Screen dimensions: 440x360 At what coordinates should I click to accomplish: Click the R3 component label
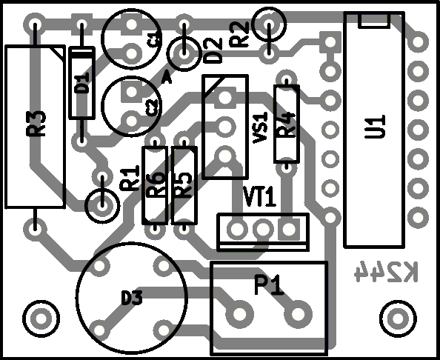(x=36, y=124)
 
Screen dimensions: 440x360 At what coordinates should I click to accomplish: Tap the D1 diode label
(x=82, y=83)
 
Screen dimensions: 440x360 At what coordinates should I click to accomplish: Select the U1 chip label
(x=376, y=127)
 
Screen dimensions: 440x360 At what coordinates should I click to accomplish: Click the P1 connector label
(x=269, y=284)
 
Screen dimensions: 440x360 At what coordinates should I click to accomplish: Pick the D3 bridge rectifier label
(x=132, y=298)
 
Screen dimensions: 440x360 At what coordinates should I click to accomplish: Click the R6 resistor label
(x=156, y=184)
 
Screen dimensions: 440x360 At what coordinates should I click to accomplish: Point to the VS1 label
(x=260, y=127)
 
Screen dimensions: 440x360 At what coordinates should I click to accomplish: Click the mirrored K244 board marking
(x=386, y=272)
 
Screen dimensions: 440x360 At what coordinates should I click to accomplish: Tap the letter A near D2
(x=167, y=78)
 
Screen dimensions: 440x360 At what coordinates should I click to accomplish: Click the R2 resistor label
(x=239, y=35)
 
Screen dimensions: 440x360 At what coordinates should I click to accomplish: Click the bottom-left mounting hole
(x=41, y=319)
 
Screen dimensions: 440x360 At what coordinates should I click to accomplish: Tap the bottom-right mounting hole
(x=398, y=319)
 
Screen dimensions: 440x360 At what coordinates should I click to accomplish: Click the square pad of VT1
(x=289, y=229)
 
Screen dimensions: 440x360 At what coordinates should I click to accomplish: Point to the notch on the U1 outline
(x=374, y=21)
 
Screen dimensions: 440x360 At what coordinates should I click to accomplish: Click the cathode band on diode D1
(x=81, y=55)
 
